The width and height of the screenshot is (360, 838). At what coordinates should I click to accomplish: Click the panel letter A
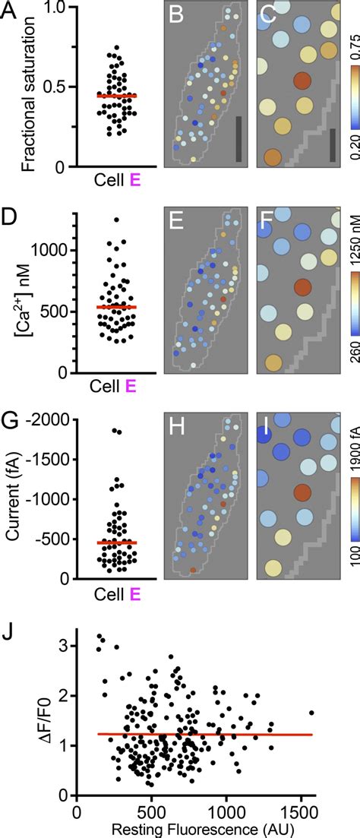tap(11, 14)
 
